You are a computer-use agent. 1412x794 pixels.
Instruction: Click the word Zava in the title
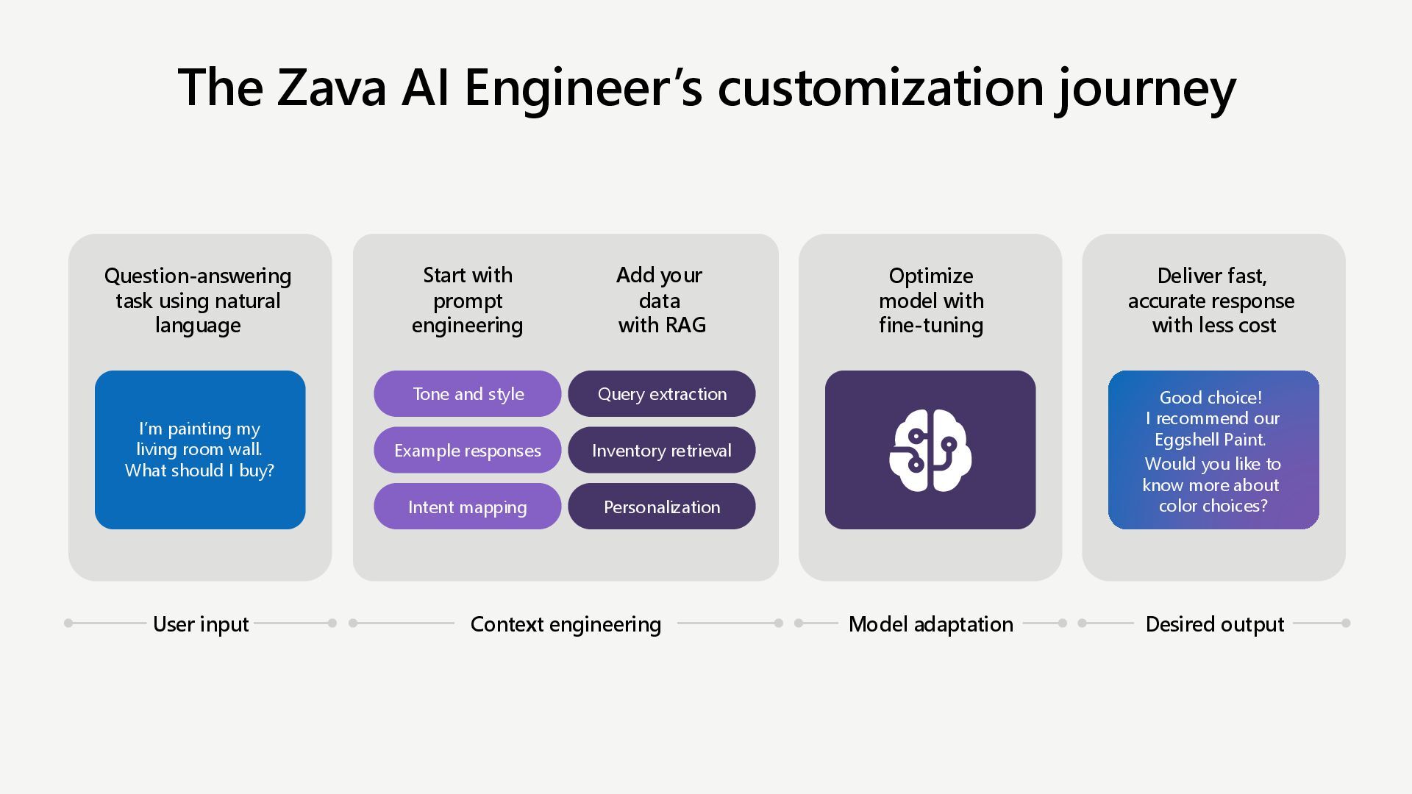[x=331, y=87]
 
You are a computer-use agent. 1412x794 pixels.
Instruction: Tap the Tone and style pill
[x=468, y=394]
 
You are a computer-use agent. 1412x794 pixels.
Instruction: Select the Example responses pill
[x=468, y=450]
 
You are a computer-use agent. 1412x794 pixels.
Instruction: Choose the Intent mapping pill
[x=468, y=507]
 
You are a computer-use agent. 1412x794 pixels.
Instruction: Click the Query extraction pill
[x=662, y=394]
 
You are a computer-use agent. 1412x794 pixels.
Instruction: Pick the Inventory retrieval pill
[x=662, y=450]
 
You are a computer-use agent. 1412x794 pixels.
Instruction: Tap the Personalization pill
[x=662, y=507]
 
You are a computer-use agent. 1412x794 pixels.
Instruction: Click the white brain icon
[x=930, y=450]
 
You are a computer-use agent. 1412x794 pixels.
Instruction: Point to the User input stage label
[x=201, y=624]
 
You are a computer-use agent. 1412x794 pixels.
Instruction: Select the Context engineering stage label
[x=566, y=624]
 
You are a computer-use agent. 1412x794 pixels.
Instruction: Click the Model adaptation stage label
[x=930, y=624]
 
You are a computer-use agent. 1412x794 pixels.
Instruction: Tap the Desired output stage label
[x=1214, y=624]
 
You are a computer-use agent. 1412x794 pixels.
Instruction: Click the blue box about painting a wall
[x=200, y=450]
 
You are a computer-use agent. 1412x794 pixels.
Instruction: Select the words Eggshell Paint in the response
[x=1210, y=440]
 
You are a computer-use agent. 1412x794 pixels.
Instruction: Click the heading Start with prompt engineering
[x=468, y=300]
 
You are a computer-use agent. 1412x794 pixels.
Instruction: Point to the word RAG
[x=685, y=325]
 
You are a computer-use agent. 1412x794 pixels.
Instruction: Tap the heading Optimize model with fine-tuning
[x=930, y=300]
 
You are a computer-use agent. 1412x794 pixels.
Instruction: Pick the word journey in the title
[x=1146, y=87]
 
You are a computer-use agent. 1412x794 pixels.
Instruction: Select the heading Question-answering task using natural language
[x=198, y=300]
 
